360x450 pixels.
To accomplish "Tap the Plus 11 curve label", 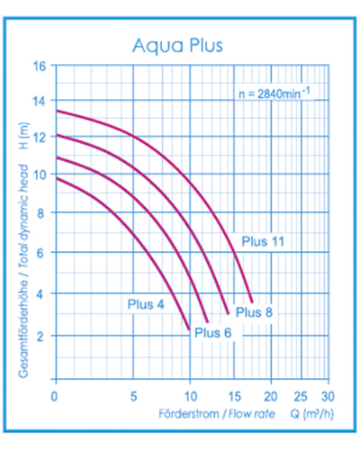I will pos(264,240).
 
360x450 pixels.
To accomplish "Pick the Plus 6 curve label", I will pos(214,332).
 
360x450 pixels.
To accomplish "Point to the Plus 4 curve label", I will pos(145,303).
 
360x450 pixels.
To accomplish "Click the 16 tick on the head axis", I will pos(40,67).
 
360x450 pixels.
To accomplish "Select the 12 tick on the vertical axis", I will pos(40,138).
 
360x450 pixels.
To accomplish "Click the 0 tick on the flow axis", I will pos(56,395).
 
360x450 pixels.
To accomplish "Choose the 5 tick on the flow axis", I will pos(133,395).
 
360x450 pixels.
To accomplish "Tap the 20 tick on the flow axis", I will pos(274,395).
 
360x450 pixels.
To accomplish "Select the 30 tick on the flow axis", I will pos(328,395).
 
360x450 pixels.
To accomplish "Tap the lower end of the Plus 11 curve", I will pos(252,301).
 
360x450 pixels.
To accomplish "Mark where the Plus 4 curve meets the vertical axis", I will pos(57,178).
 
